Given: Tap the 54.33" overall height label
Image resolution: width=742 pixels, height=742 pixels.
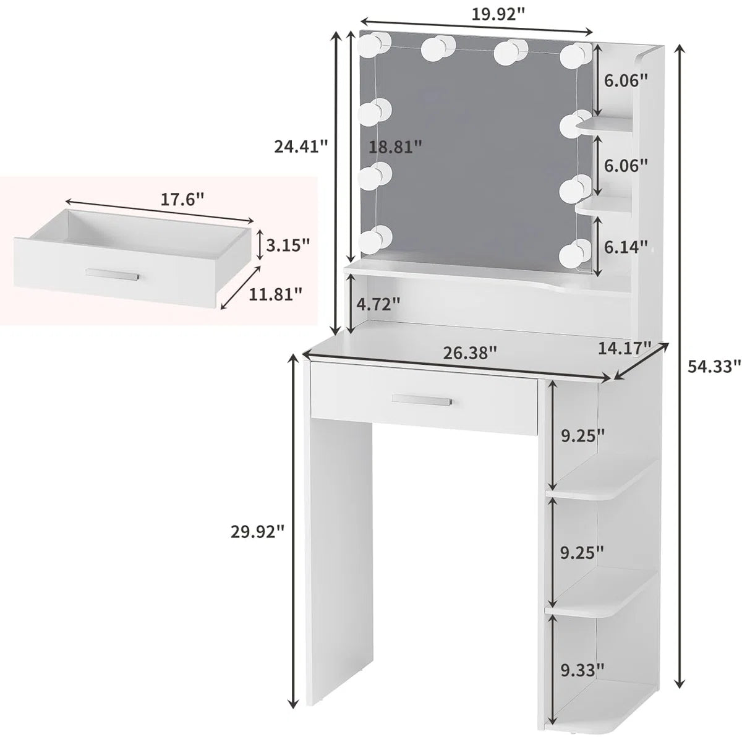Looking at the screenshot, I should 714,367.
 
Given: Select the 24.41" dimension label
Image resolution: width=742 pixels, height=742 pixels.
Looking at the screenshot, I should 301,147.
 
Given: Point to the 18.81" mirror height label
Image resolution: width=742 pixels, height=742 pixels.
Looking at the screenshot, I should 396,147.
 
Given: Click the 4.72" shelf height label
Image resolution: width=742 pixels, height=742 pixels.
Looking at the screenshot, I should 378,304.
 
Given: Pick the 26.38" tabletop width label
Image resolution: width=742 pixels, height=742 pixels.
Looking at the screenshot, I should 470,353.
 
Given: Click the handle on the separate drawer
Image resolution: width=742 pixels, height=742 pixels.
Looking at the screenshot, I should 112,274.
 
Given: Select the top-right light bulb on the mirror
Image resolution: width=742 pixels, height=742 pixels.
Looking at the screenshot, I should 577,55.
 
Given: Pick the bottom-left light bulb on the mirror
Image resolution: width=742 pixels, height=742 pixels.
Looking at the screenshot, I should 375,239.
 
